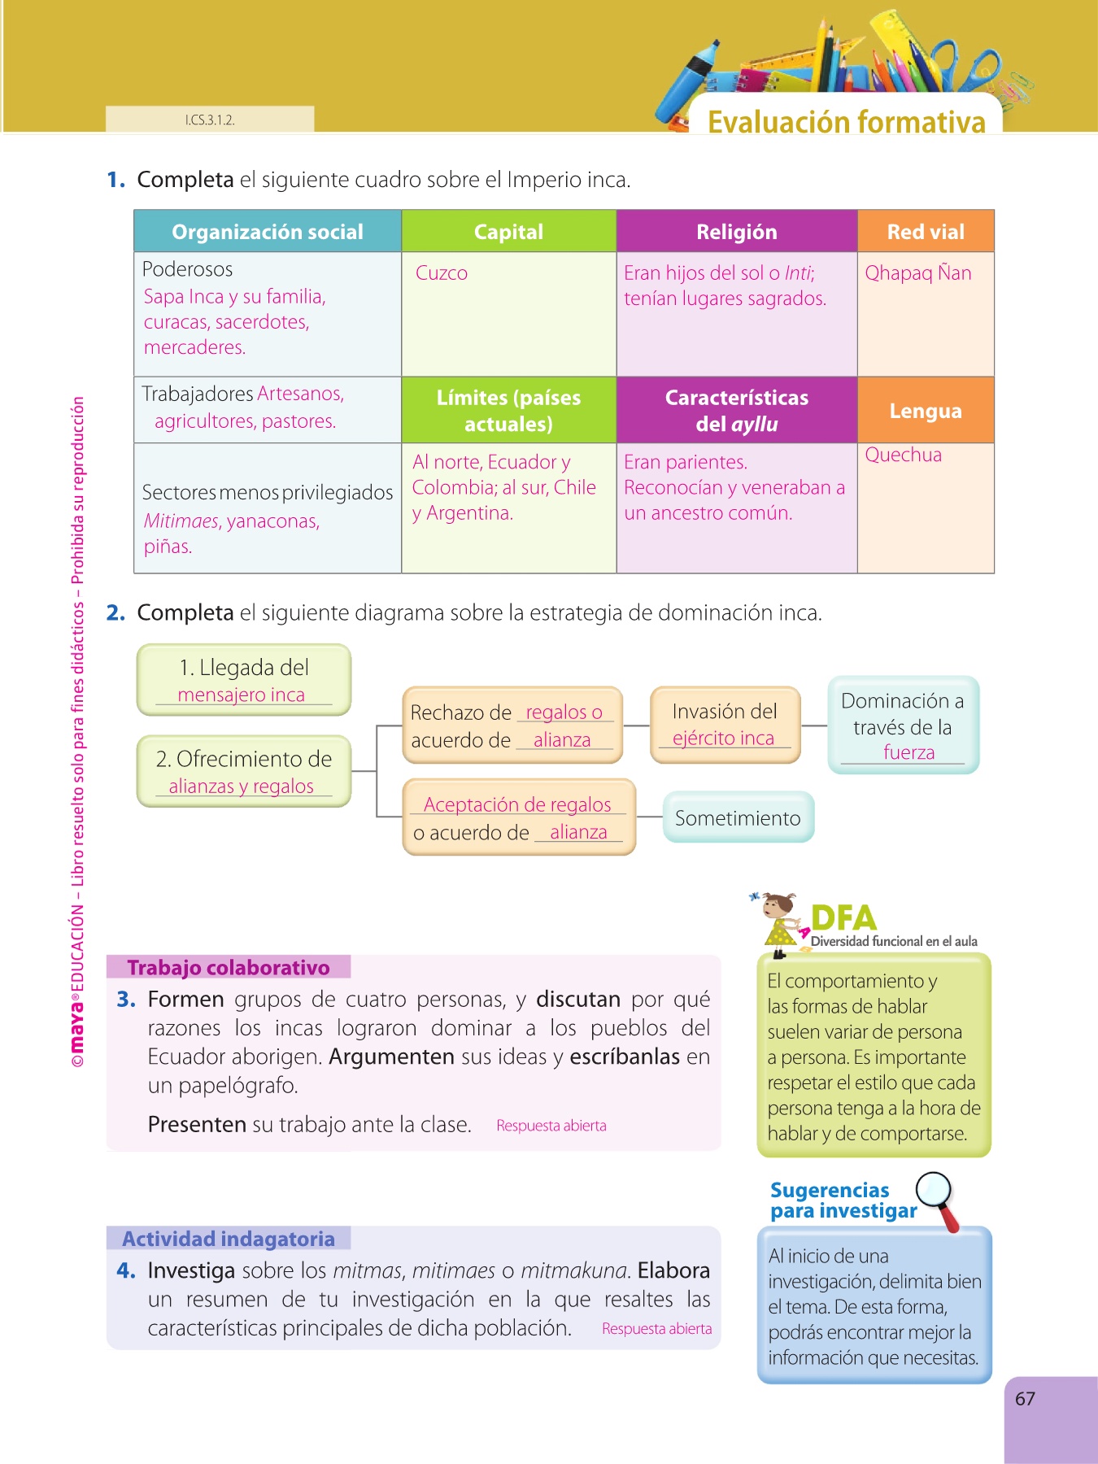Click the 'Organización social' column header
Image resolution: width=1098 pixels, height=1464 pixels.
click(268, 232)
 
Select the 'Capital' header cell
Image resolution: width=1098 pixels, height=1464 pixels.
click(508, 232)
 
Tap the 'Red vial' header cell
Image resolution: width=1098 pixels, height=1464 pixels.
click(926, 232)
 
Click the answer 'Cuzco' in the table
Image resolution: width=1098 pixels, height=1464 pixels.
click(442, 273)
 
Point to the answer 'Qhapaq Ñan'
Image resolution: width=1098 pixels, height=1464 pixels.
click(918, 273)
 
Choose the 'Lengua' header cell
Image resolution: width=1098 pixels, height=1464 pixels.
click(926, 411)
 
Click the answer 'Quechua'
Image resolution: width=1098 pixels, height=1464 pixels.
click(903, 455)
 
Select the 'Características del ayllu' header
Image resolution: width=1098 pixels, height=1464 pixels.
click(737, 410)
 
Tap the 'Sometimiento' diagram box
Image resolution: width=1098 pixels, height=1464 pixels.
click(738, 817)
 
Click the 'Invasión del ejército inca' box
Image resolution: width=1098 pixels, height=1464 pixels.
click(725, 724)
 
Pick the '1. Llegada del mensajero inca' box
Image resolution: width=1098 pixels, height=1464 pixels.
click(244, 680)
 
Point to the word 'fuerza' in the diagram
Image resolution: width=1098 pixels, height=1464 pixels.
click(908, 752)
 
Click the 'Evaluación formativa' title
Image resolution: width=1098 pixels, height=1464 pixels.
click(846, 122)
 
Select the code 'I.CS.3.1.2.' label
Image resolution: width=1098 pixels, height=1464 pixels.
click(210, 120)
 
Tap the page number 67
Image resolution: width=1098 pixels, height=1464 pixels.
click(1025, 1399)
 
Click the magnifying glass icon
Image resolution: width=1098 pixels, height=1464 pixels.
click(937, 1196)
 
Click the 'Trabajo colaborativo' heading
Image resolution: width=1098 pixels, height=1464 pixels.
click(229, 967)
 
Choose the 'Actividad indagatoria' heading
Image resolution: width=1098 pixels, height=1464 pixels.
click(229, 1239)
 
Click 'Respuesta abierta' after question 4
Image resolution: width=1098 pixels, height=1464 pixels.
click(656, 1328)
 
